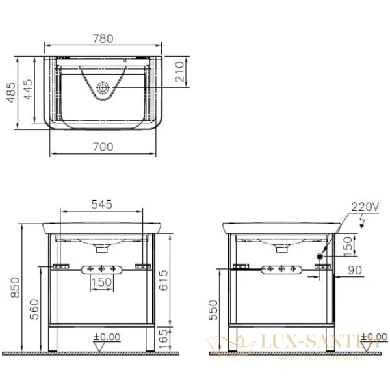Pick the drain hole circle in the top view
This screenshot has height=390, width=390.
tap(102, 86)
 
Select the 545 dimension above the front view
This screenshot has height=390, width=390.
tap(101, 204)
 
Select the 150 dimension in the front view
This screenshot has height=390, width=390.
tap(101, 282)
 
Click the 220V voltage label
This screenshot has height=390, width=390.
tap(365, 207)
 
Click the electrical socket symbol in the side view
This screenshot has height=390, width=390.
tap(319, 257)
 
